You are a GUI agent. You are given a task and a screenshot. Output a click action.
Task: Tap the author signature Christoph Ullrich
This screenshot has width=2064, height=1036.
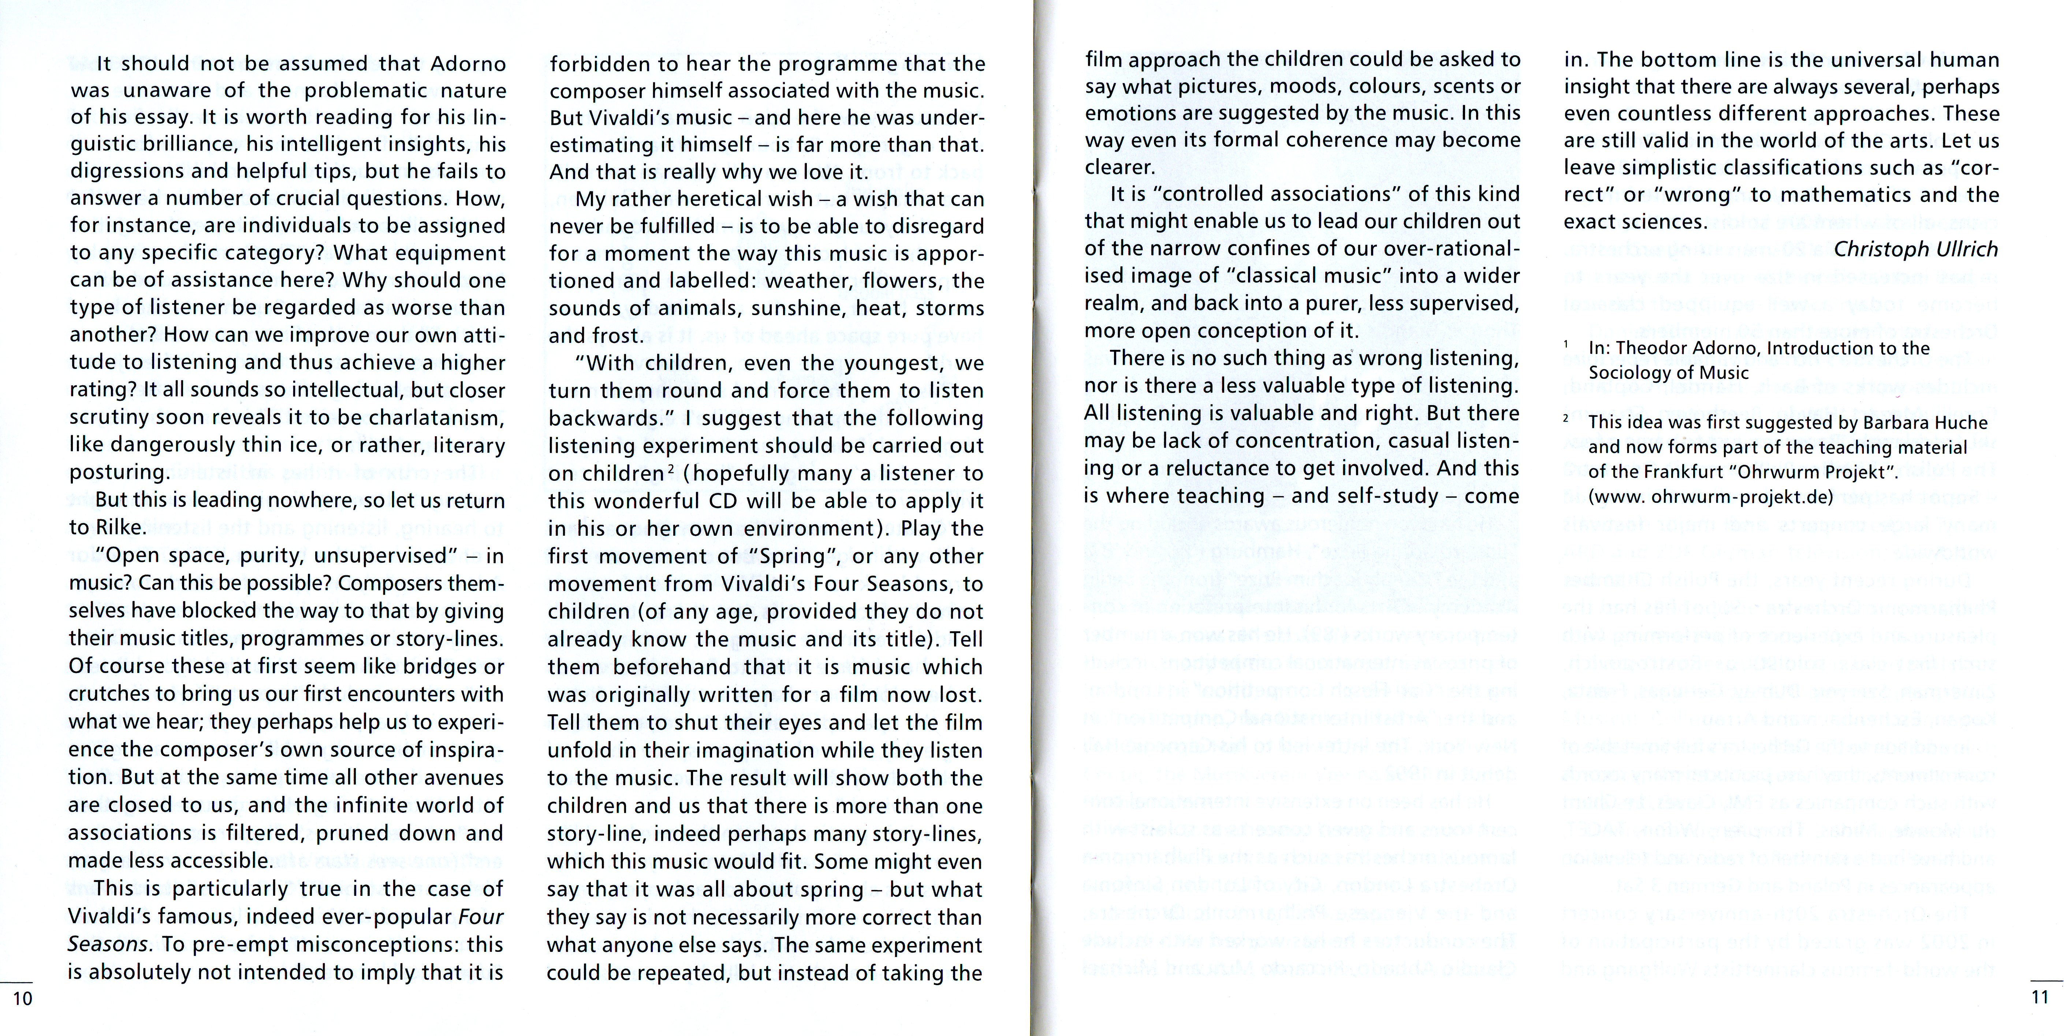[x=1916, y=249]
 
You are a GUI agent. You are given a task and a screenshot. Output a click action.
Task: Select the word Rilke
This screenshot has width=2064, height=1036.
[x=120, y=527]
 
